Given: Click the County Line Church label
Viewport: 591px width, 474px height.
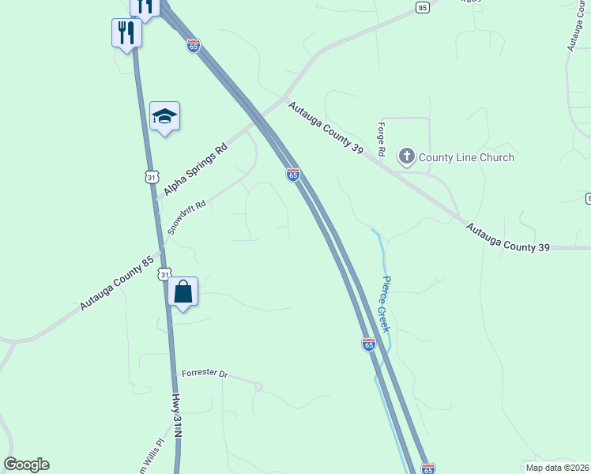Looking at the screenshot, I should [466, 157].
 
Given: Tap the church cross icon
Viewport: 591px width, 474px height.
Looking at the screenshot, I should [407, 156].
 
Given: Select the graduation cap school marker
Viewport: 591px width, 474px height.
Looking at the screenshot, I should [165, 117].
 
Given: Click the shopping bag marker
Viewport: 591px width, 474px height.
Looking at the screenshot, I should [183, 292].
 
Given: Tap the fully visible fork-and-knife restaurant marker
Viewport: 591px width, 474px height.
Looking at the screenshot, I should [126, 33].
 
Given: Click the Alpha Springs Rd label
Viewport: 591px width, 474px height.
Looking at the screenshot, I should [195, 170].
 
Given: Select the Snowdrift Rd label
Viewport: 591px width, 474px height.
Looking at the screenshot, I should [186, 215].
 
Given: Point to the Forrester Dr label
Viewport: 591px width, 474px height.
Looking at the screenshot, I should [204, 372].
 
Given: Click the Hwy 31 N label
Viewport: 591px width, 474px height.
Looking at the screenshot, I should [178, 418].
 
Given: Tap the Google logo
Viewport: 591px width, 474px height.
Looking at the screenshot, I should [26, 465].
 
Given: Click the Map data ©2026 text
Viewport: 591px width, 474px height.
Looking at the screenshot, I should [557, 468].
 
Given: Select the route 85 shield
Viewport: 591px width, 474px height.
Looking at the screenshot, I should [423, 7].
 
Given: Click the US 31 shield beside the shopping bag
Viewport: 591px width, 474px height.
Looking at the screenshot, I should [163, 273].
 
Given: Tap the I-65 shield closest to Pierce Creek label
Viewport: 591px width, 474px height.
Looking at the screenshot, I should [368, 344].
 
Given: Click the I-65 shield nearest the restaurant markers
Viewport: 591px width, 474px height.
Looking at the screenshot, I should [194, 46].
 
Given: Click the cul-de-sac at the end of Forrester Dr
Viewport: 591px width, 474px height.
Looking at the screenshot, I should [258, 386].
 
